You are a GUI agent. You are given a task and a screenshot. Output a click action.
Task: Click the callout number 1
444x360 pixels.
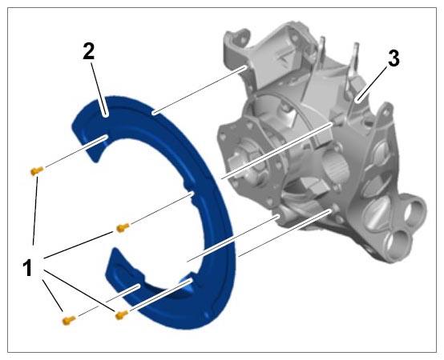[x=28, y=268]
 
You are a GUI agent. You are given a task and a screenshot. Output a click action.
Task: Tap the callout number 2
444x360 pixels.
[x=89, y=51]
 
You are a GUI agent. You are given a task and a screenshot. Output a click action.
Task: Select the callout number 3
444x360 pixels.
[x=394, y=58]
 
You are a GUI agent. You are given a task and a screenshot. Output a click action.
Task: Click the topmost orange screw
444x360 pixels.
[x=37, y=170]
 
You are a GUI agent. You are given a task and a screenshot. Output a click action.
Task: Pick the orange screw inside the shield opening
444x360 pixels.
[x=123, y=227]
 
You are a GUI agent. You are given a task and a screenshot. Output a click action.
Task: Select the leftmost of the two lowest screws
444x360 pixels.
[x=69, y=320]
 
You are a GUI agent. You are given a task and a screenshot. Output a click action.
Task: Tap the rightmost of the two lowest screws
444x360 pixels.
[x=122, y=314]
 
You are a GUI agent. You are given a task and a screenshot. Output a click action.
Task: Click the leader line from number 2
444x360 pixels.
[x=99, y=89]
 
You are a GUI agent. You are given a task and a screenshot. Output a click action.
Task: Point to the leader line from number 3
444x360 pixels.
[x=372, y=84]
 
